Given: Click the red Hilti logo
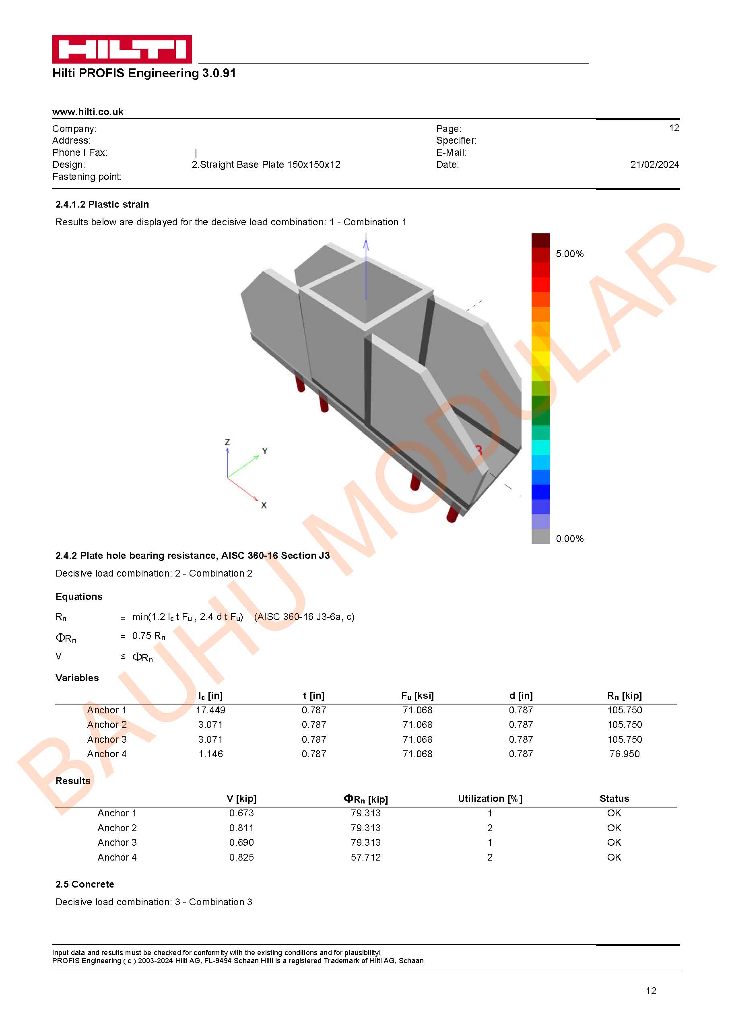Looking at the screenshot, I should (x=122, y=49).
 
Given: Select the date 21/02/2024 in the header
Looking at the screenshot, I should (x=654, y=165).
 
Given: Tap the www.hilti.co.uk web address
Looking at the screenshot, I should (x=88, y=112).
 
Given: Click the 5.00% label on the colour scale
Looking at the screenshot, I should (x=569, y=253).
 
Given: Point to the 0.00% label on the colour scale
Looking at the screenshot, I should (x=569, y=538).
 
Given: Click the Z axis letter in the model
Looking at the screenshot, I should (x=227, y=442).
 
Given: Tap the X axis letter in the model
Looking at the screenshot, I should (x=264, y=505).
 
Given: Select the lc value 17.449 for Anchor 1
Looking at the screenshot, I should (x=210, y=710).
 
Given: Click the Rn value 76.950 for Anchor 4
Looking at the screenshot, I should (x=624, y=754).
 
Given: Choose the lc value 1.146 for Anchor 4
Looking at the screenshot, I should (x=210, y=754).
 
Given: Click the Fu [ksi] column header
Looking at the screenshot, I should (x=417, y=696).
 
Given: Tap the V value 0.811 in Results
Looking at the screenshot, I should (x=241, y=828).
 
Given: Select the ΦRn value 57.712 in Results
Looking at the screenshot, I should (x=365, y=857).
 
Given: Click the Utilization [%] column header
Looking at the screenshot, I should (x=490, y=798).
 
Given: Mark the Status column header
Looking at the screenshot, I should (x=614, y=798).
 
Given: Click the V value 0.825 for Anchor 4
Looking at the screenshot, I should (x=241, y=857).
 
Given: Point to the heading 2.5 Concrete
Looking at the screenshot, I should (x=85, y=884).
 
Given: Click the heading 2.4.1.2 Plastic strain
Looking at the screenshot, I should (x=102, y=204).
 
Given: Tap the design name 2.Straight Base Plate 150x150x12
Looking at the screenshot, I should (x=266, y=165).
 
